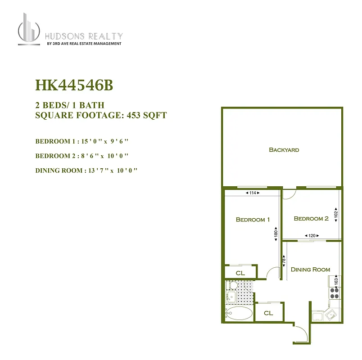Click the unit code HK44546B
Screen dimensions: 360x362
pos(71,85)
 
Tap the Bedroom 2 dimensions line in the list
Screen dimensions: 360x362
pos(82,156)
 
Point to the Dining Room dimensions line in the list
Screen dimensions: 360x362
pos(86,171)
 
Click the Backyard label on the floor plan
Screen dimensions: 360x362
pos(284,150)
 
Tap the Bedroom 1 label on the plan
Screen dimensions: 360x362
pos(253,220)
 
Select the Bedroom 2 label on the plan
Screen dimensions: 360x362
pos(311,219)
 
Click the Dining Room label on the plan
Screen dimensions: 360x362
pos(310,270)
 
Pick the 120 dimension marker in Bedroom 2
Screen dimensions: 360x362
pos(311,235)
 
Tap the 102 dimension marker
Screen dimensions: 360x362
pos(336,213)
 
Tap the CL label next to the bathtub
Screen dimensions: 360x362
pos(268,313)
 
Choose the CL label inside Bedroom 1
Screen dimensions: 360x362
pos(240,273)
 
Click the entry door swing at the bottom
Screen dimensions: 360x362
pos(301,333)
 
